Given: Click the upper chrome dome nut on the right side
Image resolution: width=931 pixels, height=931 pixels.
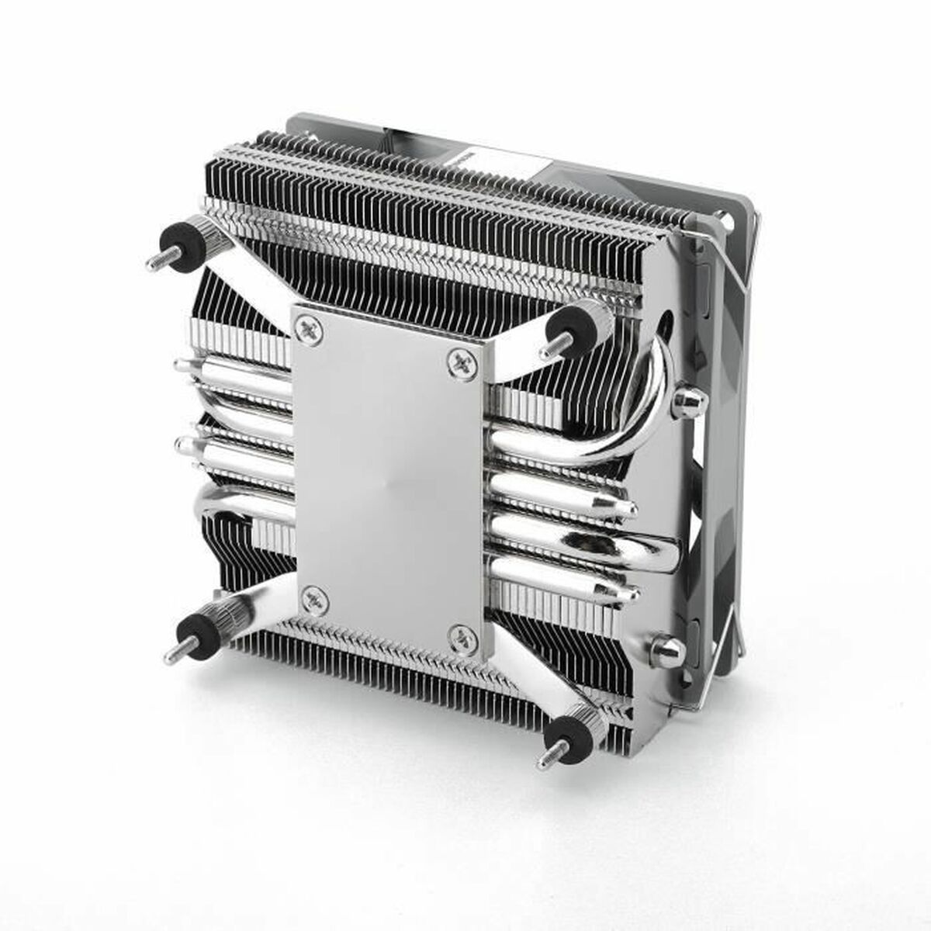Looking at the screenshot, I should pos(687,400).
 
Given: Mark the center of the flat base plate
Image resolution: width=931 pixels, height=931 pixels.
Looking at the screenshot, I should pos(388,481).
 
